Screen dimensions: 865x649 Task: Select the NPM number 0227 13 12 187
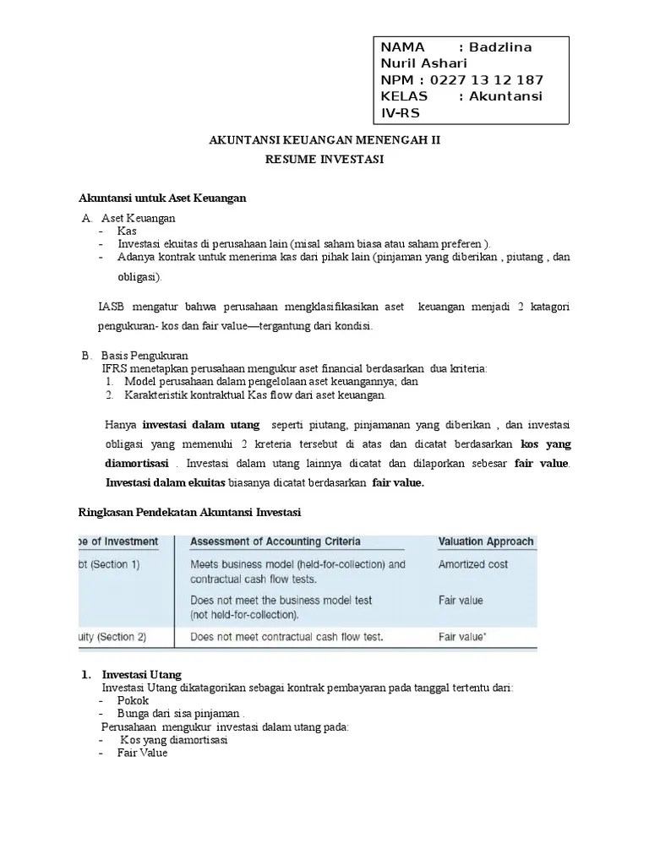[x=487, y=80]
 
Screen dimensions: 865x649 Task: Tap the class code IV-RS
[x=401, y=113]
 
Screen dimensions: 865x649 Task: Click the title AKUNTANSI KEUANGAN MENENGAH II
[x=324, y=141]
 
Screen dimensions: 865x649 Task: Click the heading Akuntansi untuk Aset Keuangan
[x=161, y=198]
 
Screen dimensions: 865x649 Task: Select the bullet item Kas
[x=128, y=230]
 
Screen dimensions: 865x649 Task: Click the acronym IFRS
[x=116, y=368]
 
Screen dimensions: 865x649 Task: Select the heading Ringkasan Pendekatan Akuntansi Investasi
[x=183, y=512]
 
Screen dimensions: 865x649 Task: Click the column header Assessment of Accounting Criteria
[x=275, y=541]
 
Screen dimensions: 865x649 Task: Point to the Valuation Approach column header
[x=485, y=541]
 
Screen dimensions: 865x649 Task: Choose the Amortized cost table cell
[x=472, y=563]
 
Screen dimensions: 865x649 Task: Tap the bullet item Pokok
[x=133, y=700]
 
